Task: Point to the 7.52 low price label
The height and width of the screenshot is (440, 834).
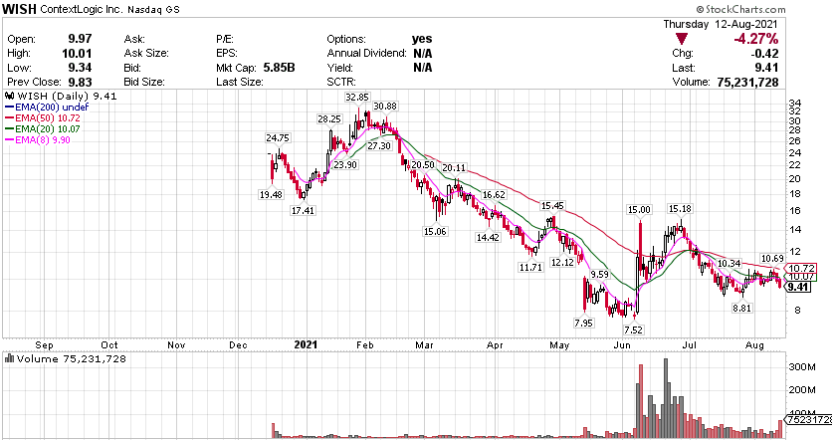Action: [633, 330]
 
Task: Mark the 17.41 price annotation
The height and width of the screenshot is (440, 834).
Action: [303, 211]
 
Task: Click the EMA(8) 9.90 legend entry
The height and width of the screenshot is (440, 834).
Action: [41, 140]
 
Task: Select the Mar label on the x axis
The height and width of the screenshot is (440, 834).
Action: [426, 346]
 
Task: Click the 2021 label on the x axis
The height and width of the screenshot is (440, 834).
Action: [307, 346]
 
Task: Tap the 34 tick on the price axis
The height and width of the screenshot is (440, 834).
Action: [794, 103]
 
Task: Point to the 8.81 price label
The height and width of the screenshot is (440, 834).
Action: [740, 310]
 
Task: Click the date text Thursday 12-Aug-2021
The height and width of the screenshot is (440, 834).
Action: [721, 24]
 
